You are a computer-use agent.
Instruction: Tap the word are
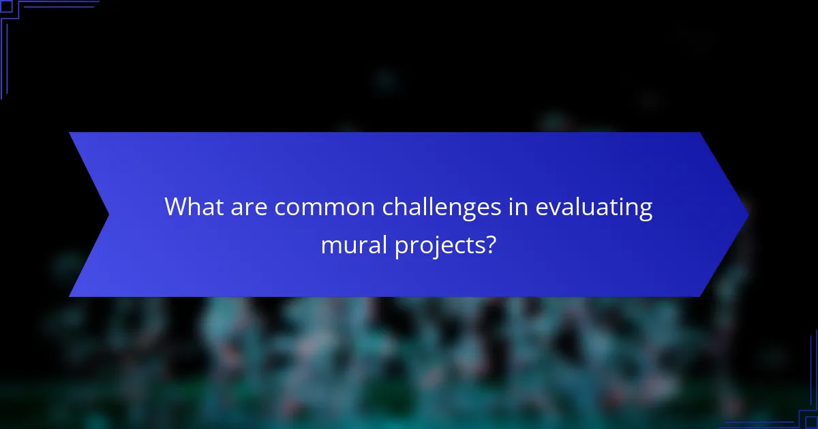(x=249, y=207)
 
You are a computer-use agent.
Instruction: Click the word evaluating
(x=594, y=207)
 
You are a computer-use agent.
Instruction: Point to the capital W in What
(x=177, y=207)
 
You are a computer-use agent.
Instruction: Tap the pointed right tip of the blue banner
(x=748, y=214)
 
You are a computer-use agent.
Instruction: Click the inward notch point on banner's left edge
(x=109, y=214)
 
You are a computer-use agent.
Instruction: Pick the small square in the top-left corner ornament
(x=6, y=6)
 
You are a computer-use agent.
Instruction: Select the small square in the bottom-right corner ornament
(x=811, y=422)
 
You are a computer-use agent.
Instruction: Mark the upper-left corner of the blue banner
(x=70, y=133)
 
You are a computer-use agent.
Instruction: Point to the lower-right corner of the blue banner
(x=700, y=296)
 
